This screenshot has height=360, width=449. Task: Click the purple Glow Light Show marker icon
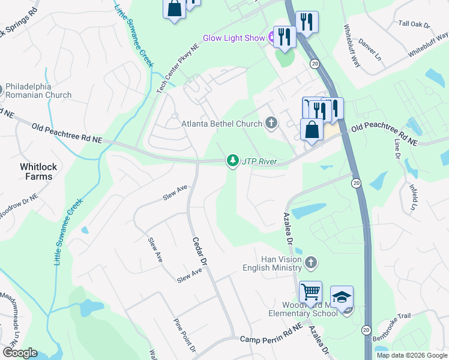point(272,38)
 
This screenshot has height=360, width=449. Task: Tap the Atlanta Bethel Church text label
point(221,124)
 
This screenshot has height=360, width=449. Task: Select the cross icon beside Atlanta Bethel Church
point(271,124)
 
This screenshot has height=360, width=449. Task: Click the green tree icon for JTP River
point(232,161)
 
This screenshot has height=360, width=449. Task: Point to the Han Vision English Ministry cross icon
point(310,262)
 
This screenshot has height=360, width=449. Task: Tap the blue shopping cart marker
point(310,292)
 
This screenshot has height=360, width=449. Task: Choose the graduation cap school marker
point(342,298)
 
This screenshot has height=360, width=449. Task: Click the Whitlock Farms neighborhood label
point(36,171)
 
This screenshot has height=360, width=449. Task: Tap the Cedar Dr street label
point(199,251)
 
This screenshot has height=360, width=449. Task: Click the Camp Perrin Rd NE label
point(270,340)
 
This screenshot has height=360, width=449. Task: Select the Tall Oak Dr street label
point(415,24)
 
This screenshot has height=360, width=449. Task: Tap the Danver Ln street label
point(370,46)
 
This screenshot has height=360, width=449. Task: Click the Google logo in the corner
point(19,353)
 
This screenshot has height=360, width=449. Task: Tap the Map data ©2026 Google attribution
point(411,355)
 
